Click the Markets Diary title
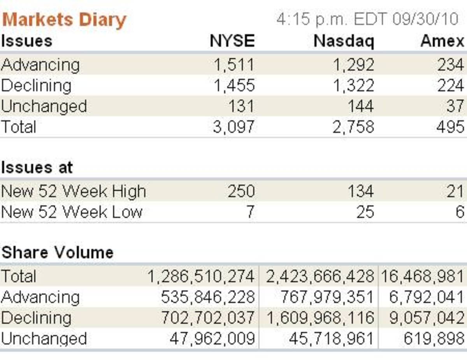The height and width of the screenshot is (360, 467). tap(64, 19)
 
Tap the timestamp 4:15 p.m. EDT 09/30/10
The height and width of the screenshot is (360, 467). tap(368, 19)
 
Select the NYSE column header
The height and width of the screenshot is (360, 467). tap(232, 41)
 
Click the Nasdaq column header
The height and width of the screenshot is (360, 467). tap(344, 41)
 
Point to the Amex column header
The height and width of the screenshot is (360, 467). tap(442, 41)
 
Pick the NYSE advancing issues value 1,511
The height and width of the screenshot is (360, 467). tap(234, 65)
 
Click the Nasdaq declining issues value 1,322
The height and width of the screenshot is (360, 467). tap(353, 86)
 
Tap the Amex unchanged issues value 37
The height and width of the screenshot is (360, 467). tap(455, 106)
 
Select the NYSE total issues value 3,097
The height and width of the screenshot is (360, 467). tap(234, 127)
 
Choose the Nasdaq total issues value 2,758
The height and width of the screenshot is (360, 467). tap(353, 127)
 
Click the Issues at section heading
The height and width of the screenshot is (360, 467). tap(37, 167)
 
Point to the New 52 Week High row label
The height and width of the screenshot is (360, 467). tap(73, 191)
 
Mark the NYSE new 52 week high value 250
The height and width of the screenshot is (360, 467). tap(241, 191)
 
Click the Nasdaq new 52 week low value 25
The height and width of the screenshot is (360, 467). tap(365, 212)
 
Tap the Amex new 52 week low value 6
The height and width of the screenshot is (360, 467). tap(460, 212)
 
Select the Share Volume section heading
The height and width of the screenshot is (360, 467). tap(57, 253)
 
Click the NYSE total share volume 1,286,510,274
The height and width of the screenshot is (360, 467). tap(201, 277)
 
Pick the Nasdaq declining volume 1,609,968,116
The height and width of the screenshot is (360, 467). tap(320, 318)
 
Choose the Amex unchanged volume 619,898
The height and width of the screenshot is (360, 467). tap(434, 339)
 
